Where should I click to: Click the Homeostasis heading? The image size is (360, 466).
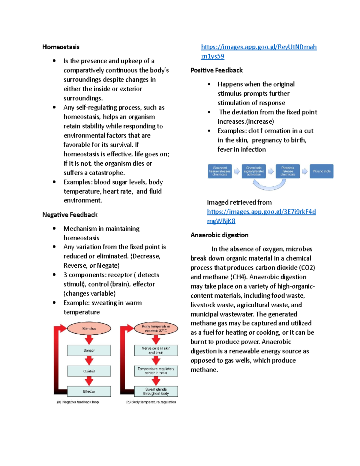point(61,47)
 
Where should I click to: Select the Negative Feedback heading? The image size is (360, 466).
point(70,215)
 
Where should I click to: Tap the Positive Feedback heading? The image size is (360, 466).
point(217,70)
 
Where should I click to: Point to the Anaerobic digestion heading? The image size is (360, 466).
point(219,235)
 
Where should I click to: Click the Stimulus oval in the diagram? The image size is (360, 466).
point(89,329)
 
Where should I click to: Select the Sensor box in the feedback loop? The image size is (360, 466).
point(89,350)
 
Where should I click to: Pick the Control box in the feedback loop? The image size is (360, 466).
point(89,371)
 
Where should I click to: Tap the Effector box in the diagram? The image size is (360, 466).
point(89,392)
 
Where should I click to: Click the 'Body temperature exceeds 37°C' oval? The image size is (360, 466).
point(156,329)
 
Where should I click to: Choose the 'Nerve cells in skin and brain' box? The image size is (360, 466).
point(156,350)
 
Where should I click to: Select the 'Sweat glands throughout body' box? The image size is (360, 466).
point(156,392)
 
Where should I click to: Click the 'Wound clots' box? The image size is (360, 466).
point(322,171)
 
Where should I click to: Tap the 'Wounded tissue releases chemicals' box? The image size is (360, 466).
point(220,171)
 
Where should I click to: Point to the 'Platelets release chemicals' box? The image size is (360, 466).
point(288,171)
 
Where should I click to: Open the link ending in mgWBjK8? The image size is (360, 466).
point(221,221)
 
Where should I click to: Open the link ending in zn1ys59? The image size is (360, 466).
point(213,56)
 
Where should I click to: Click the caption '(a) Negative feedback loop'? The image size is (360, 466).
point(78,402)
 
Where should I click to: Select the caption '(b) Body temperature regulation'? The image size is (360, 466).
point(151,402)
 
